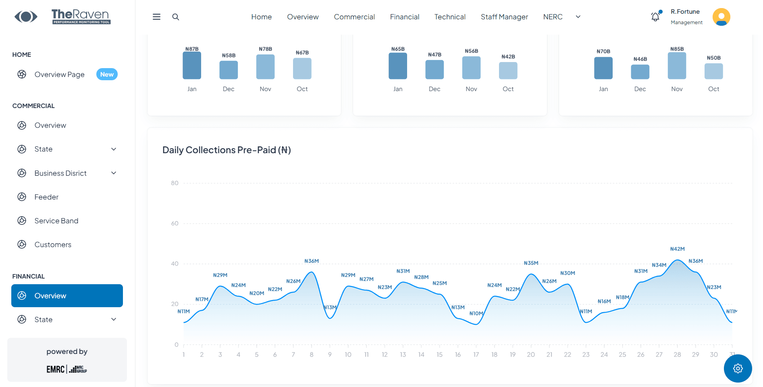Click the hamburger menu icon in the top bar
[x=156, y=17]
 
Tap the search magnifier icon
[x=176, y=17]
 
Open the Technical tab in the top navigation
[x=450, y=17]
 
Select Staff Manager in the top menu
[x=504, y=17]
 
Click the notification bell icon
[x=655, y=17]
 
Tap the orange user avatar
[x=721, y=17]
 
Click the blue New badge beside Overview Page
[x=107, y=75]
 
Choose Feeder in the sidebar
[x=46, y=197]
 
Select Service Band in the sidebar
[x=56, y=221]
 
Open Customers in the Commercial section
[x=53, y=245]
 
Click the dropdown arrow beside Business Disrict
[x=114, y=173]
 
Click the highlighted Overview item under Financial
[x=67, y=296]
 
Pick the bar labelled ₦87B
[x=192, y=66]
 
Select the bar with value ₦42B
[x=508, y=71]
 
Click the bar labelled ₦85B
[x=677, y=66]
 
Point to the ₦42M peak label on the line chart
[x=677, y=249]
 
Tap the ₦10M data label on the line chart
[x=476, y=314]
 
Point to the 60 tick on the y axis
[x=175, y=223]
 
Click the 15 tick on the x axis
[x=439, y=355]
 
